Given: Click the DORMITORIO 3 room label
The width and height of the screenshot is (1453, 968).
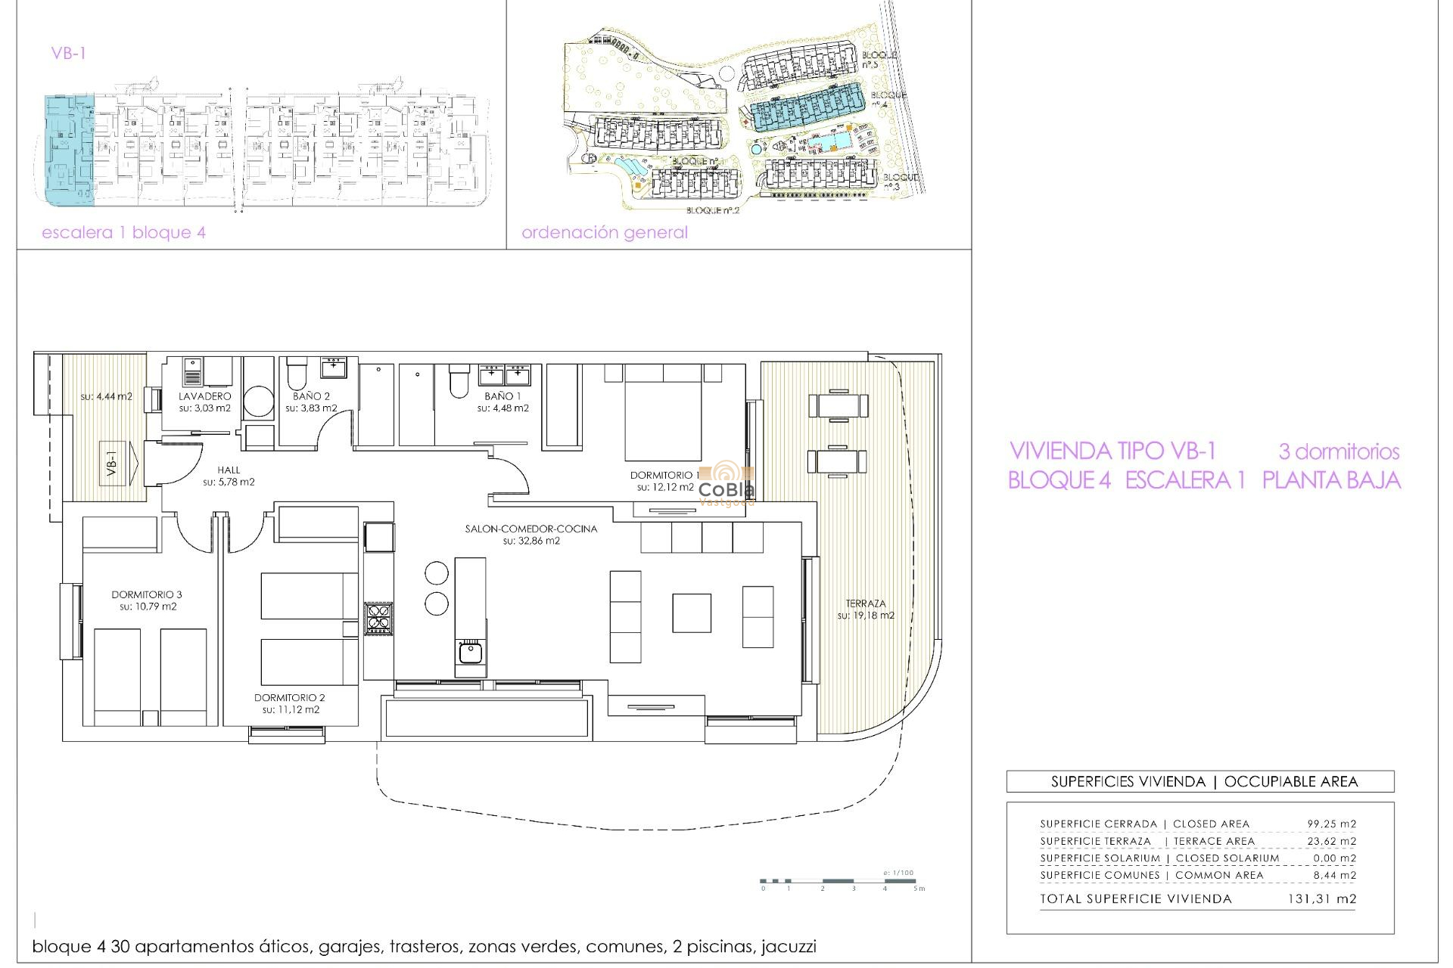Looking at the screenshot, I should [147, 594].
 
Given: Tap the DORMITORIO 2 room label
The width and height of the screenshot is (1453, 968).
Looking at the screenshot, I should [290, 697].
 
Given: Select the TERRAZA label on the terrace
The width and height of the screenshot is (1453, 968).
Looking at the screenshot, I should [866, 603].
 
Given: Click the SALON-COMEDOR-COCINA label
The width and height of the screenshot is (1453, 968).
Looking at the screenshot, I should [531, 529].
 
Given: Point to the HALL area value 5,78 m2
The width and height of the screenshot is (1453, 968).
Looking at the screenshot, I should [229, 482].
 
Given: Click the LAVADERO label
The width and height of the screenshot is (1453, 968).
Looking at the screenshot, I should [205, 396].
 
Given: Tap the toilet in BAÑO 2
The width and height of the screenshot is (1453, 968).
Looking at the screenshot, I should [297, 373].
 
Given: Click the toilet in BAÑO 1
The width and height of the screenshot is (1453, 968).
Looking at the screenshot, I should [459, 382].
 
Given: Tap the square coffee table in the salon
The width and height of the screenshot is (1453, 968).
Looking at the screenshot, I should [692, 613].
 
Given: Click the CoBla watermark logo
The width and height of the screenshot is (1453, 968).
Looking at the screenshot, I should [726, 482].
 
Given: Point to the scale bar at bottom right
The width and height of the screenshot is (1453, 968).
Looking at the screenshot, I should [840, 881].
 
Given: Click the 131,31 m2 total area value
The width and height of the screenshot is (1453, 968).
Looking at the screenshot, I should [1321, 898].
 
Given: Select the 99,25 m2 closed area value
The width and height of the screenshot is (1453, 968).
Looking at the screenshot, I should [1331, 824].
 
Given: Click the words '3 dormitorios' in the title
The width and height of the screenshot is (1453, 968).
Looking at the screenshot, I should [1339, 451].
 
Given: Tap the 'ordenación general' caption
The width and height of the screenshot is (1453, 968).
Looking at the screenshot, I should [605, 232].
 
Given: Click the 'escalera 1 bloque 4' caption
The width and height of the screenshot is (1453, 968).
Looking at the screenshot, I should [123, 232].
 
